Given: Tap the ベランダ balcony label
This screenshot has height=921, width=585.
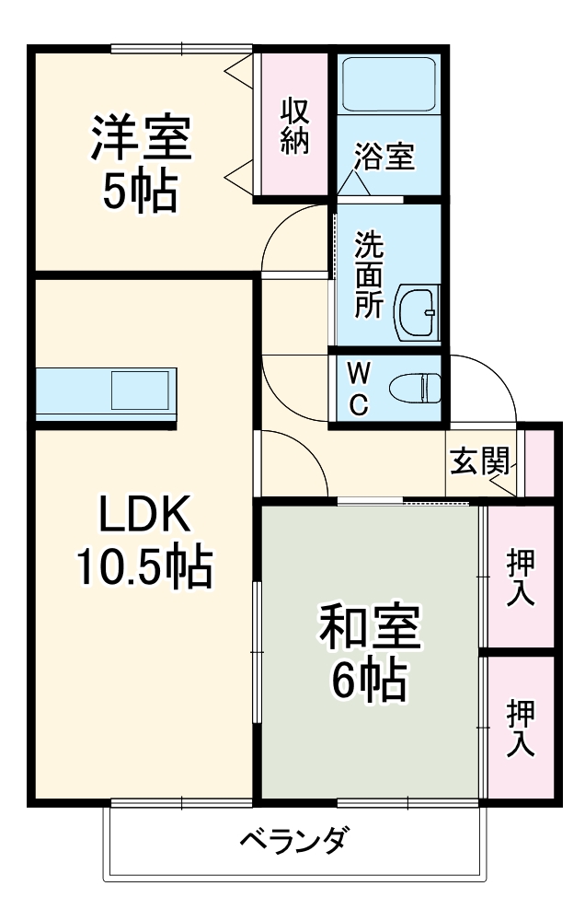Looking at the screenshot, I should [295, 841].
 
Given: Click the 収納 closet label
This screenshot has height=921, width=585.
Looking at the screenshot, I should [294, 126].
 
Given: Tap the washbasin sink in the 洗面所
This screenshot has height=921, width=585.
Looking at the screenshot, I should [419, 313].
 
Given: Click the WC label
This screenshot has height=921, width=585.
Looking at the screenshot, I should [360, 388].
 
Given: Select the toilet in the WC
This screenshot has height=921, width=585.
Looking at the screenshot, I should [416, 387].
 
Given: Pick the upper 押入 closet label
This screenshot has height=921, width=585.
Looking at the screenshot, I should [522, 578].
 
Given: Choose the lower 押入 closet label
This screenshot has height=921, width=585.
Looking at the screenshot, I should [522, 728].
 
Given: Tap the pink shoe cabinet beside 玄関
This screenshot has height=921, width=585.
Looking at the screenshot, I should [540, 460].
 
